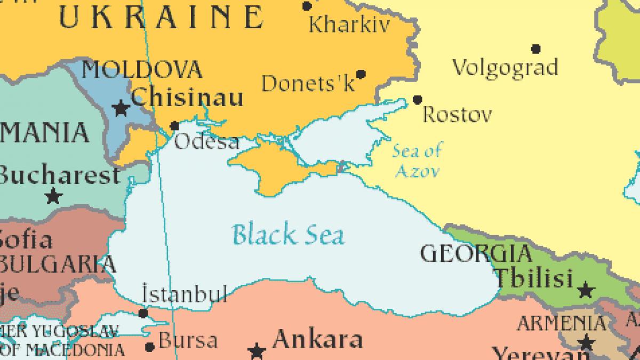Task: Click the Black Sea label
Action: [288, 235]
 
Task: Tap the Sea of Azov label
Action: [417, 161]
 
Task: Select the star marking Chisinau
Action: [121, 109]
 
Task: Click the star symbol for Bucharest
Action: [53, 196]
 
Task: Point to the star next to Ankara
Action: [257, 350]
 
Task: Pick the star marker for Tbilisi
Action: [586, 291]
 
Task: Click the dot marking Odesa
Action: [174, 126]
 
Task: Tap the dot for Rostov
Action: [418, 100]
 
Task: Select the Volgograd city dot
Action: [536, 49]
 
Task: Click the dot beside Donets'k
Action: [361, 74]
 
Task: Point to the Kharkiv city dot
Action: [307, 6]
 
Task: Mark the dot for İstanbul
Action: [143, 313]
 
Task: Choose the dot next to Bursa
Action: [150, 347]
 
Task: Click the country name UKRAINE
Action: [160, 17]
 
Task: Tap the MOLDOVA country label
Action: [142, 70]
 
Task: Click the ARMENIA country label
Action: [562, 323]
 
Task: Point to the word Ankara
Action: [318, 339]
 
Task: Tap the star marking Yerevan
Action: [586, 342]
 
